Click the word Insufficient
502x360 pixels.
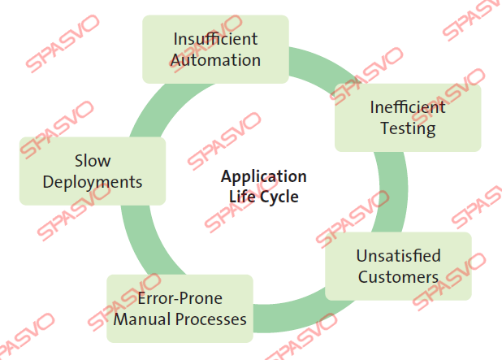pos(215,38)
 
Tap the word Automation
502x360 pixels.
pos(215,59)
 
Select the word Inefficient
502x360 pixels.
pos(408,106)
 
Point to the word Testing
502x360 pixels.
pos(408,128)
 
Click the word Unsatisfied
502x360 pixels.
pos(398,255)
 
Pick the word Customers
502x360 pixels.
pos(398,276)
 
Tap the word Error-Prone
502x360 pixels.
pos(180,297)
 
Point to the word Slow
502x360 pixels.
pos(92,160)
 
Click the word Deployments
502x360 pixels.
pos(92,181)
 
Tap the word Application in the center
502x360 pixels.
pos(264,176)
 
